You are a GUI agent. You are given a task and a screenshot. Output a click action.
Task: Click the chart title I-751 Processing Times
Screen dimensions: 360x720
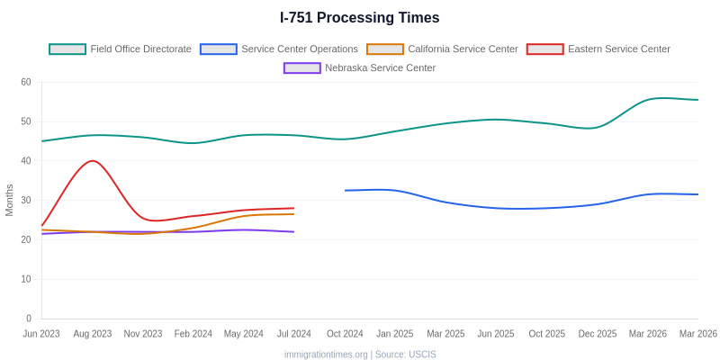pyautogui.click(x=360, y=18)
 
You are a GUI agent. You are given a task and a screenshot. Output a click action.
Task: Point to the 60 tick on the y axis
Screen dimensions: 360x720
pyautogui.click(x=26, y=82)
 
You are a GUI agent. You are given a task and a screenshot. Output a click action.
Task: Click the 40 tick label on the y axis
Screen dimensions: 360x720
pyautogui.click(x=26, y=161)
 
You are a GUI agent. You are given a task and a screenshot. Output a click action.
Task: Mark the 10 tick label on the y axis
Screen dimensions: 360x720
pyautogui.click(x=26, y=279)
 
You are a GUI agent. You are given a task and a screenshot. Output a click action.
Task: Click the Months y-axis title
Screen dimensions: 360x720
pyautogui.click(x=10, y=200)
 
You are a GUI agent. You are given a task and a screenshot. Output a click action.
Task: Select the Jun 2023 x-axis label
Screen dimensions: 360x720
pyautogui.click(x=41, y=334)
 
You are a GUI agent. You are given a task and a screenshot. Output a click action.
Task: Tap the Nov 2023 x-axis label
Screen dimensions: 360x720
pyautogui.click(x=143, y=334)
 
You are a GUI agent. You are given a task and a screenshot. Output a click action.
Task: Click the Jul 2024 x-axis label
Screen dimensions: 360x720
pyautogui.click(x=294, y=334)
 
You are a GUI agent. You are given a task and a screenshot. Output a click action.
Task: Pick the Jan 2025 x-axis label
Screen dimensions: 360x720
pyautogui.click(x=395, y=334)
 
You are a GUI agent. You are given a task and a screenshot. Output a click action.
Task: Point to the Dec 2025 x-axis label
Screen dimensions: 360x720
pyautogui.click(x=598, y=334)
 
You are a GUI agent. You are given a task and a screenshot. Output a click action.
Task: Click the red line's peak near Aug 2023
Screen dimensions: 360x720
pyautogui.click(x=92, y=161)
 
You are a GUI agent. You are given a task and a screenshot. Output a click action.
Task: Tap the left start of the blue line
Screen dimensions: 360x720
pyautogui.click(x=346, y=190)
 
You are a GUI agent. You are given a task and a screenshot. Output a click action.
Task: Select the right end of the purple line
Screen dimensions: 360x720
pyautogui.click(x=293, y=232)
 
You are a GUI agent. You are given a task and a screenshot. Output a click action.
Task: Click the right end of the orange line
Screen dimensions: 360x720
pyautogui.click(x=293, y=214)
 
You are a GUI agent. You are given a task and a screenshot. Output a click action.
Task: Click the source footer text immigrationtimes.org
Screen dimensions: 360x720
pyautogui.click(x=326, y=355)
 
